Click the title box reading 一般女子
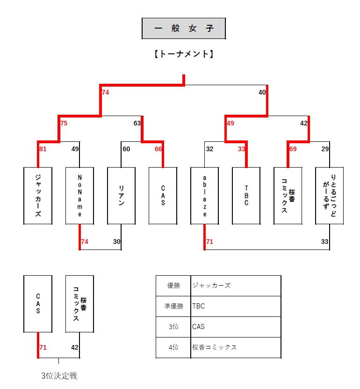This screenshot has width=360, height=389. pyautogui.click(x=184, y=29)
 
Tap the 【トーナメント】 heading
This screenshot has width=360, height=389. pyautogui.click(x=184, y=54)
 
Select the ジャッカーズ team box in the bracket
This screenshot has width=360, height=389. pyautogui.click(x=38, y=195)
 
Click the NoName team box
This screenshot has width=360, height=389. pyautogui.click(x=79, y=195)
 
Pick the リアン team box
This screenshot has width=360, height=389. pyautogui.click(x=121, y=195)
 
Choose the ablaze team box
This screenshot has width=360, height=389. pyautogui.click(x=204, y=195)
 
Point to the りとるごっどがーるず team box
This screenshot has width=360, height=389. pyautogui.click(x=330, y=195)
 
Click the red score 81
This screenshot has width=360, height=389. pyautogui.click(x=43, y=149)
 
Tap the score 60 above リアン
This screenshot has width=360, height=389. pyautogui.click(x=126, y=149)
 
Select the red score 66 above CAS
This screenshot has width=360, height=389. pyautogui.click(x=158, y=149)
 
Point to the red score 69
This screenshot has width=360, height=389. pyautogui.click(x=293, y=149)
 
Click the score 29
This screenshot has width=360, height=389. pyautogui.click(x=325, y=149)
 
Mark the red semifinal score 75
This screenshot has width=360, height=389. pyautogui.click(x=64, y=124)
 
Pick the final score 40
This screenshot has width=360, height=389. pyautogui.click(x=262, y=93)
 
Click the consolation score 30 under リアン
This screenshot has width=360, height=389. pyautogui.click(x=116, y=242)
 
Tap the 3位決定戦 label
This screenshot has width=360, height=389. pyautogui.click(x=59, y=375)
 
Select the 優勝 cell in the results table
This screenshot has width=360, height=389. pyautogui.click(x=173, y=286)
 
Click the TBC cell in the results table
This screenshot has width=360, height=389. pyautogui.click(x=236, y=306)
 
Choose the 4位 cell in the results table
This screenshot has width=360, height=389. pyautogui.click(x=173, y=347)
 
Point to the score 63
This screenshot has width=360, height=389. pyautogui.click(x=137, y=124)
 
